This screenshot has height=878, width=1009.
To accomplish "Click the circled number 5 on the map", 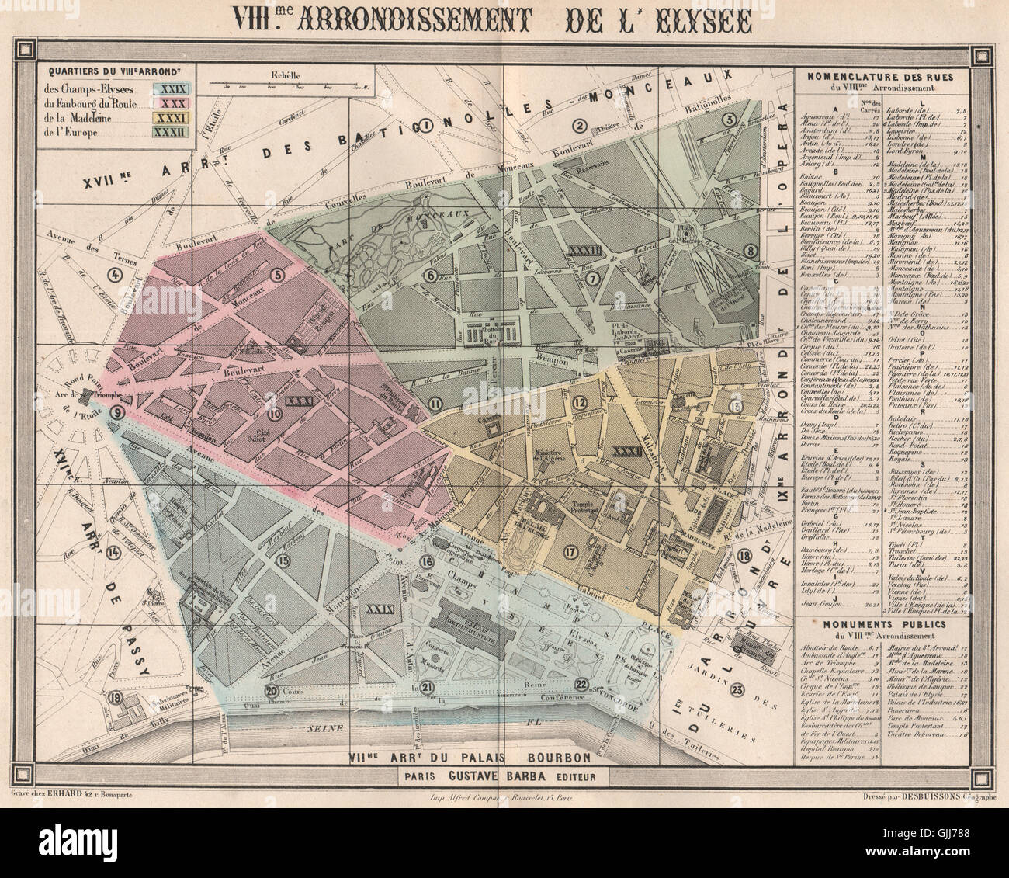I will (x=277, y=274).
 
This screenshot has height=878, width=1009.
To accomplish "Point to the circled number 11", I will (x=435, y=402).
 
